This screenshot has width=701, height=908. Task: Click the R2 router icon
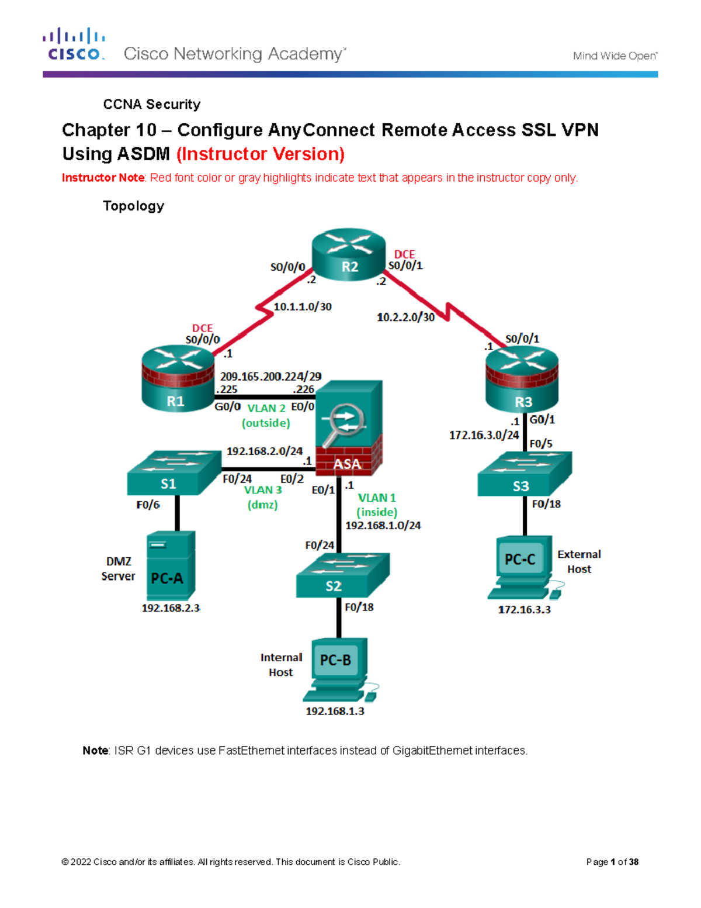349,256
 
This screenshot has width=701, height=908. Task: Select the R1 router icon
178,378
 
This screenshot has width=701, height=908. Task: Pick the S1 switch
173,473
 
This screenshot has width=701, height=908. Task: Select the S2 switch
342,575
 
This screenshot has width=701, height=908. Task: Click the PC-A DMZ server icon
171,565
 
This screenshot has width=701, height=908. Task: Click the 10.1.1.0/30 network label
303,306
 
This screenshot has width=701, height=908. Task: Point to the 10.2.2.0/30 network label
405,317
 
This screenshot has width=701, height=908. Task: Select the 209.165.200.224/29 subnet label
270,377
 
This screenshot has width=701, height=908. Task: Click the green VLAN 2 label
266,408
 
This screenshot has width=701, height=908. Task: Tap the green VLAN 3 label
263,490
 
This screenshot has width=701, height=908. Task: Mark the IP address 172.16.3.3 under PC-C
524,609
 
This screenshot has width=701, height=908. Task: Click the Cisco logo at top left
74,44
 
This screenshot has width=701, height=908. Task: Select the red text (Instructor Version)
260,154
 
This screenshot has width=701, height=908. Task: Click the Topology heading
133,206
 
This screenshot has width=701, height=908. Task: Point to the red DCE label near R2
404,254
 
